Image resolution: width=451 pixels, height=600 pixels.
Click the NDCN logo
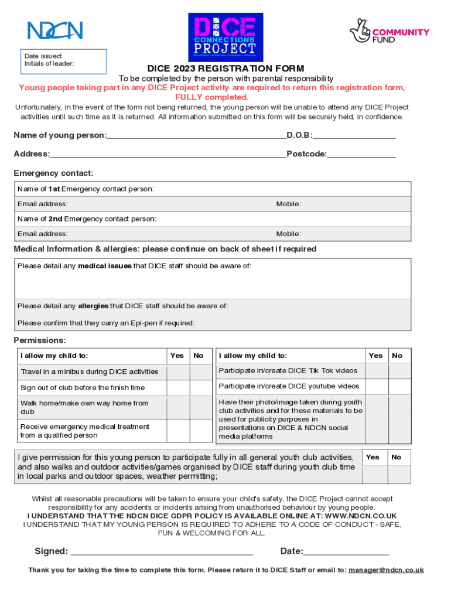55,30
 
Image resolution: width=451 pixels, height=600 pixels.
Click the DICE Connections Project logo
225,37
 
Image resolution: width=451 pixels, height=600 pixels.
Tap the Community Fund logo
389,32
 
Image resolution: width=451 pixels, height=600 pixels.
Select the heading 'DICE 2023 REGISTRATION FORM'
225,69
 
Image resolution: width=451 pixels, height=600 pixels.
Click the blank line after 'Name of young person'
196,135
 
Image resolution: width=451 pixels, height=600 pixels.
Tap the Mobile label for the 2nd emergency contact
289,234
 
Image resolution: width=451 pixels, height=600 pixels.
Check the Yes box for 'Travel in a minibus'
177,371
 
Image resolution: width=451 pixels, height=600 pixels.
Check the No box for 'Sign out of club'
200,387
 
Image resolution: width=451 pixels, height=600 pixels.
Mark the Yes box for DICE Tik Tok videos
376,371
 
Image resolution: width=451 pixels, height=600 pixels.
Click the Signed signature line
161,551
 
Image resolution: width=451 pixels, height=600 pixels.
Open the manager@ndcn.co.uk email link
386,570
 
